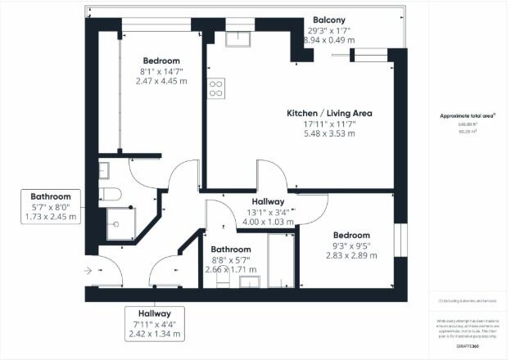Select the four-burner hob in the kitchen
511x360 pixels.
[x=216, y=88]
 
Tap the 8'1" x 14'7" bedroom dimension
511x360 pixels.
[x=161, y=72]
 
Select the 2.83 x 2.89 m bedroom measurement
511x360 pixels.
[x=351, y=255]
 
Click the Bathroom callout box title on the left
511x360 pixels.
[x=51, y=197]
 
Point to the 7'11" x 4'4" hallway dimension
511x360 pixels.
[x=154, y=324]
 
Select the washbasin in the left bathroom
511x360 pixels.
[x=104, y=169]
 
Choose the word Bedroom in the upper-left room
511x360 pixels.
[x=161, y=61]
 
